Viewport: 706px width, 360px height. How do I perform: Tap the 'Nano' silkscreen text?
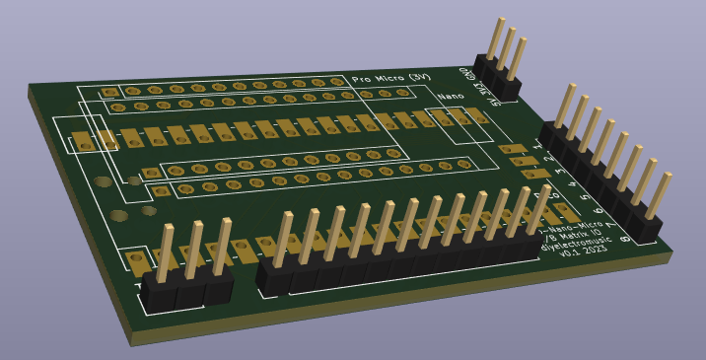pyautogui.click(x=451, y=96)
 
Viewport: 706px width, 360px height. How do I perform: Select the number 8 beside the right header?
pyautogui.click(x=627, y=239)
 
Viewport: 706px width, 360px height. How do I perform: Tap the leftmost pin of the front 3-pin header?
pyautogui.click(x=165, y=252)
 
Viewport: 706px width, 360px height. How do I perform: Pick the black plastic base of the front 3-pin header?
pyautogui.click(x=187, y=288)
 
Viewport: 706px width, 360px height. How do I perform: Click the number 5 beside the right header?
pyautogui.click(x=587, y=198)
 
